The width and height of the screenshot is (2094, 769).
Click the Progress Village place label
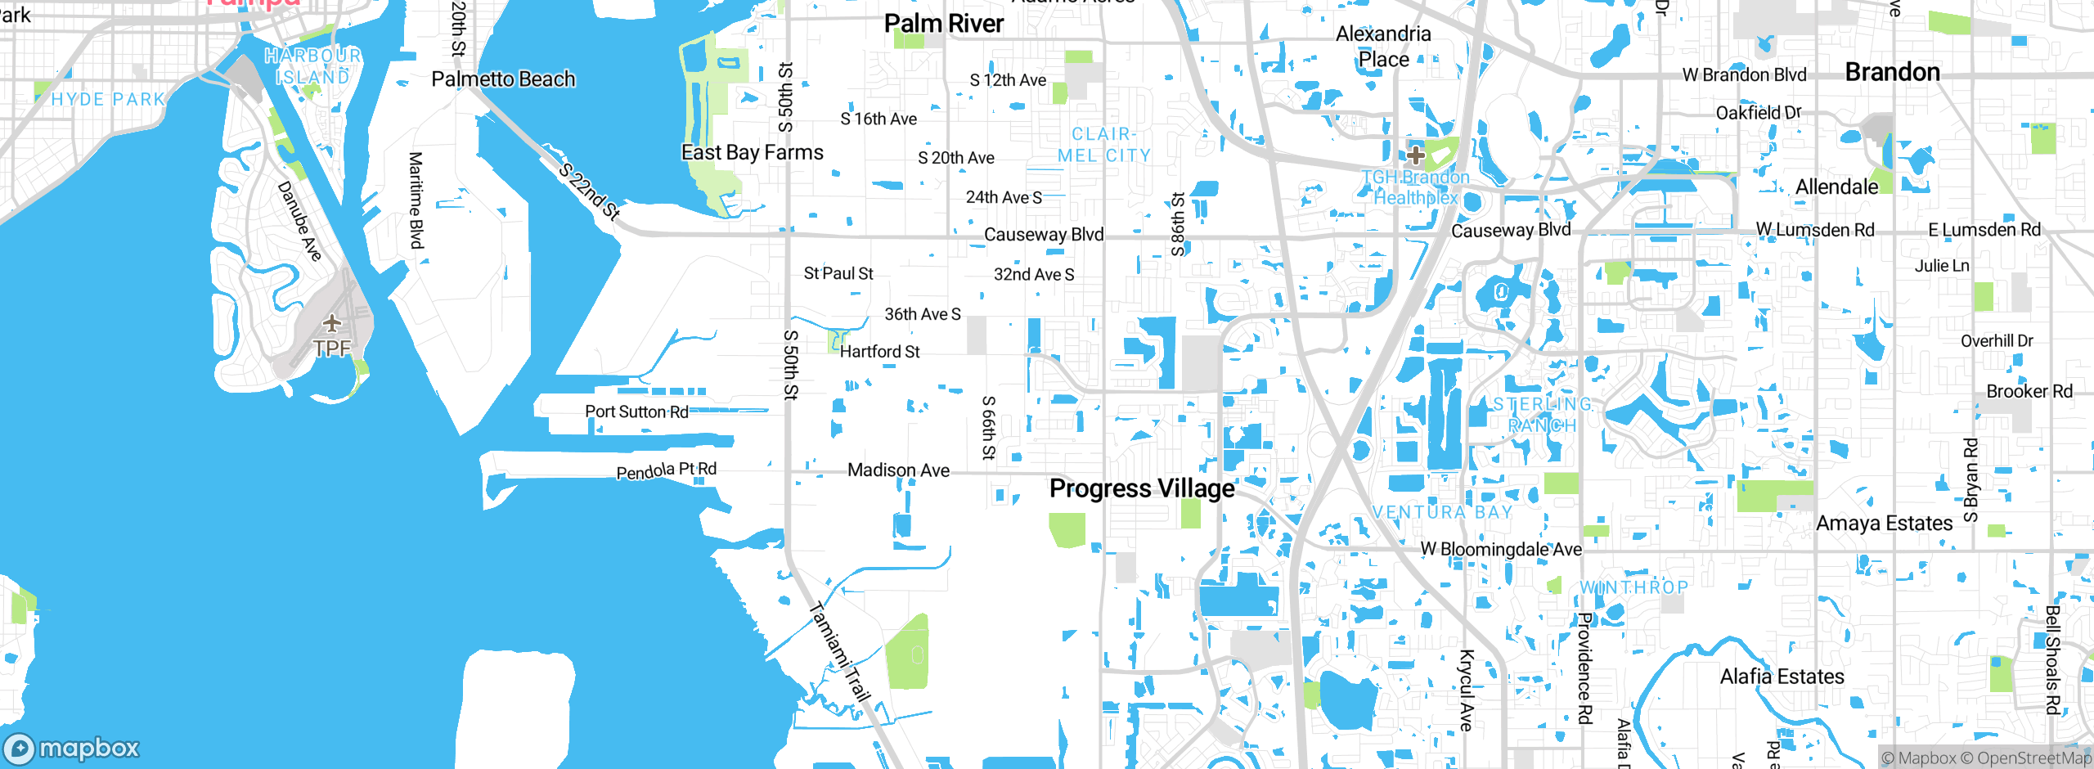(1142, 488)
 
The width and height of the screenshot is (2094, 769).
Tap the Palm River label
(943, 24)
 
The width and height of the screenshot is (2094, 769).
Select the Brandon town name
(1892, 72)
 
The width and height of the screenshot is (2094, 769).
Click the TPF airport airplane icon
(331, 324)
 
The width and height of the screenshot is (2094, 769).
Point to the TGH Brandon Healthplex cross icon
(1415, 155)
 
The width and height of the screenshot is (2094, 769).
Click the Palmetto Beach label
(503, 79)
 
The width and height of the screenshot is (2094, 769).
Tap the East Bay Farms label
(752, 152)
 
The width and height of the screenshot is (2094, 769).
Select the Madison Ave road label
(898, 470)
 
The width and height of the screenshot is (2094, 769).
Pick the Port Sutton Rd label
(636, 411)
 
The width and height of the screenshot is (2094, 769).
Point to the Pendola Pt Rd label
(666, 470)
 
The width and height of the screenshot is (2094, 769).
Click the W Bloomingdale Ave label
(1501, 549)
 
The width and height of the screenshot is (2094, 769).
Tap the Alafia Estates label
(1782, 677)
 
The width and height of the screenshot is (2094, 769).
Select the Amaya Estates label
(1884, 524)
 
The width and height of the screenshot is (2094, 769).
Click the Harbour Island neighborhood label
(312, 66)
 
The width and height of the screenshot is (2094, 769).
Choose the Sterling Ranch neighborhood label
(1543, 415)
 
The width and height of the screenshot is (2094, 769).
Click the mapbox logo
(72, 748)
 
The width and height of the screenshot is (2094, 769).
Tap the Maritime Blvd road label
(416, 200)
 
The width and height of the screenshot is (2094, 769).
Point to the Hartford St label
(879, 352)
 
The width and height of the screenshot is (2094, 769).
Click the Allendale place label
(1836, 187)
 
